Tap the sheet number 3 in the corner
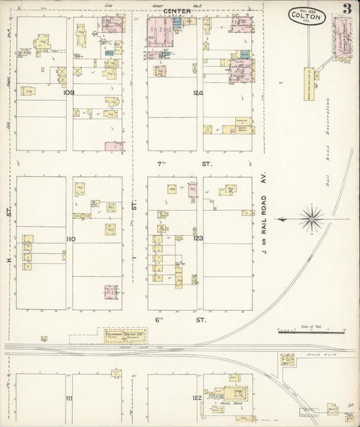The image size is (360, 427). pos(346,9)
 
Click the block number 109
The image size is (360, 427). pos(68,93)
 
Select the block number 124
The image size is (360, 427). pos(198,93)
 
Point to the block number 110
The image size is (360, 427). pos(70,239)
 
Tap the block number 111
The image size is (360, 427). pos(68,399)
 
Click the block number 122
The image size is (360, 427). pos(197,399)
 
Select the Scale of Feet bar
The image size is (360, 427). pos(311,332)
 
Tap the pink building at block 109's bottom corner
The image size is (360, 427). pos(113,145)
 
